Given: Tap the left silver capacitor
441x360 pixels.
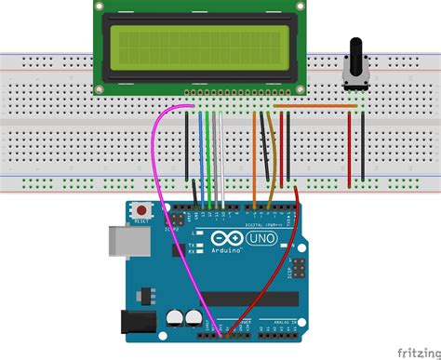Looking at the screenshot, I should [175, 317].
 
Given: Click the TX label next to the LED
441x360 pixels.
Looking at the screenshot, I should [191, 243].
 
